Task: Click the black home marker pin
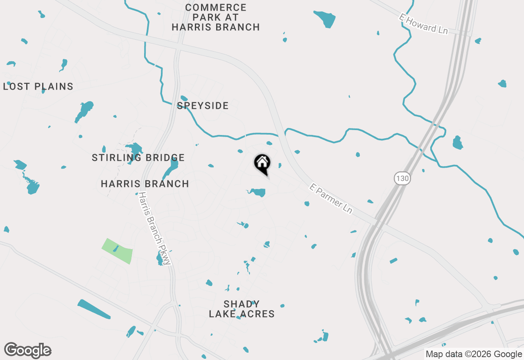262,164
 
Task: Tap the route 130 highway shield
402,178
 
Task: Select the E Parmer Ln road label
331,198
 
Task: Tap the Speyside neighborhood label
203,106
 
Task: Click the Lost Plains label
38,87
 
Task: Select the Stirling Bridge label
138,157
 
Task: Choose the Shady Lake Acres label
242,309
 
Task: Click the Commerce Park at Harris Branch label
216,18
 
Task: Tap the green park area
117,250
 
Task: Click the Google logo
28,351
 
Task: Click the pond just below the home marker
258,192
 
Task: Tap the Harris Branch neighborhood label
145,184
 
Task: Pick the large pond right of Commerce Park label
326,18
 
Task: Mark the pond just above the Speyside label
184,98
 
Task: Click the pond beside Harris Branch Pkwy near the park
160,259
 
